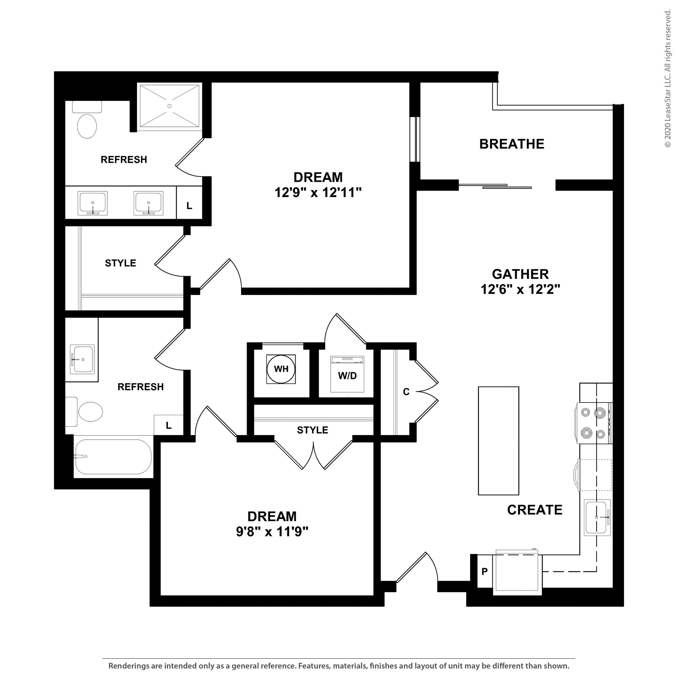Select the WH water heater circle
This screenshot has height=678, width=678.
(281, 369)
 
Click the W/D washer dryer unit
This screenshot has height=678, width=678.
(347, 374)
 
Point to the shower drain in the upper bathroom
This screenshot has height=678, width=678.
(169, 106)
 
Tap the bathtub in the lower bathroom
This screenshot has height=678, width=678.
(113, 456)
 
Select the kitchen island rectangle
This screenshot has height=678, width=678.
(498, 440)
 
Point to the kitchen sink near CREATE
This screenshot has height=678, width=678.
(597, 517)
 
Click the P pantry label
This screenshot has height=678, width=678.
(484, 571)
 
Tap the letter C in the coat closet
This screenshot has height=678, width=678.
(406, 392)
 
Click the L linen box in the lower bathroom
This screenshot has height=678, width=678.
(169, 425)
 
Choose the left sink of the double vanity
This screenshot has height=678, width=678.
(92, 203)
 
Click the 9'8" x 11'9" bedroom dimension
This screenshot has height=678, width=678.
(272, 532)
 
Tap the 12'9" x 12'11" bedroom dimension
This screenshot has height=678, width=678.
(317, 192)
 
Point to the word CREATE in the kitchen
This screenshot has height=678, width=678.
(534, 509)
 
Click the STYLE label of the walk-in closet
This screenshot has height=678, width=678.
(121, 263)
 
